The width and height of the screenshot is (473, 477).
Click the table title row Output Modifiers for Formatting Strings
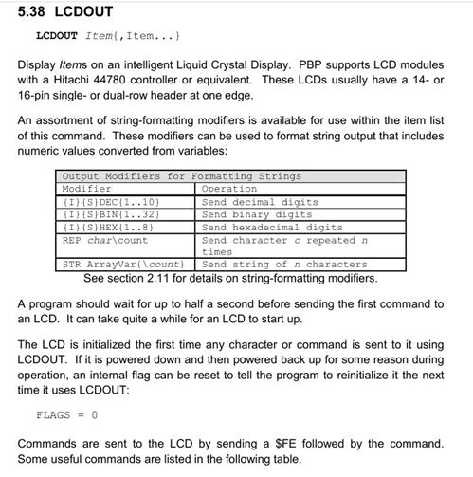point(181,176)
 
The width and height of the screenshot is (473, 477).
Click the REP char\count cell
point(104,240)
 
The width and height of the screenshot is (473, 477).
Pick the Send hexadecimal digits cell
point(272,227)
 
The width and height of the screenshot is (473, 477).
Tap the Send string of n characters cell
point(284,265)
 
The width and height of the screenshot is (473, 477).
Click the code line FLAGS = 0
point(66,415)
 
